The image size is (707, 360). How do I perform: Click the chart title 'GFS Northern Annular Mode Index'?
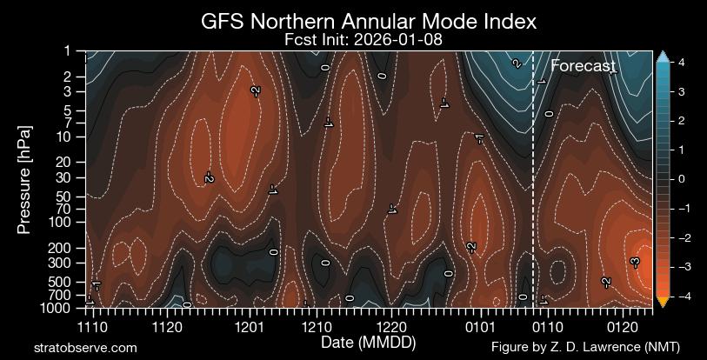(353, 21)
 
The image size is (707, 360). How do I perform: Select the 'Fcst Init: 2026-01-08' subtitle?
(353, 40)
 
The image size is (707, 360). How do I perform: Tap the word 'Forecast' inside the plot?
(584, 66)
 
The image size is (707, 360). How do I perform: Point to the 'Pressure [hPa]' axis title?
(24, 179)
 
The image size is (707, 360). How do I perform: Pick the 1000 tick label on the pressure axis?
(63, 308)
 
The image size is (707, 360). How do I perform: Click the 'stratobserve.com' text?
(84, 347)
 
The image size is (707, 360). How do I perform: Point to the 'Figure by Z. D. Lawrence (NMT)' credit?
(585, 347)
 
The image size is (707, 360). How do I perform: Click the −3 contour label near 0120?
(635, 263)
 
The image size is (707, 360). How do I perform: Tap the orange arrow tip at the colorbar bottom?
(662, 303)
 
